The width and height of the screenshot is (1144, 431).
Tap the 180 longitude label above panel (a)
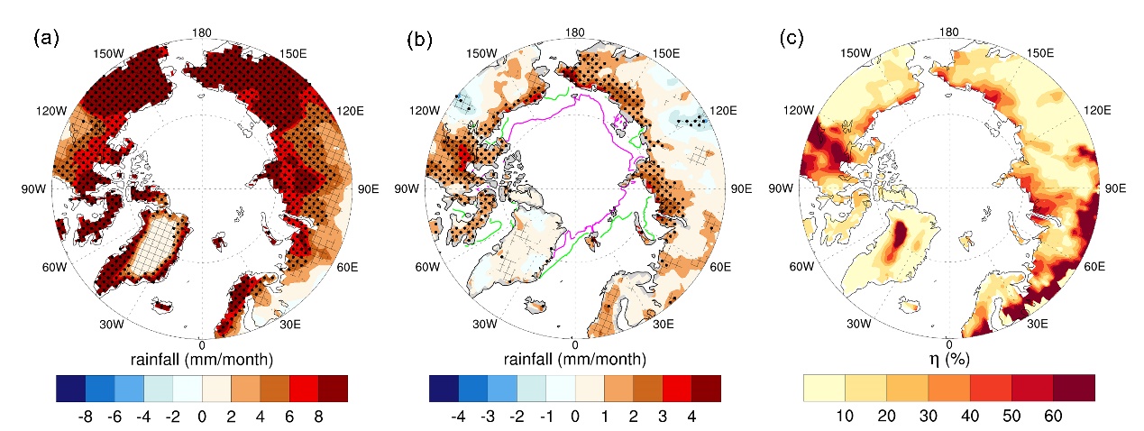202,33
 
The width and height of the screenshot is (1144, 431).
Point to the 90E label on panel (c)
1110,188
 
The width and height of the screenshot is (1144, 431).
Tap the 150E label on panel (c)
1039,54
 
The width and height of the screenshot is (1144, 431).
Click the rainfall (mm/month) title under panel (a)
202,360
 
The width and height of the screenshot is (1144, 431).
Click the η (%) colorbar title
948,360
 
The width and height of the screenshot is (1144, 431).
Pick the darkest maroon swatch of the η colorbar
1074,388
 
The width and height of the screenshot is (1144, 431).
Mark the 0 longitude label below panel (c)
948,344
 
